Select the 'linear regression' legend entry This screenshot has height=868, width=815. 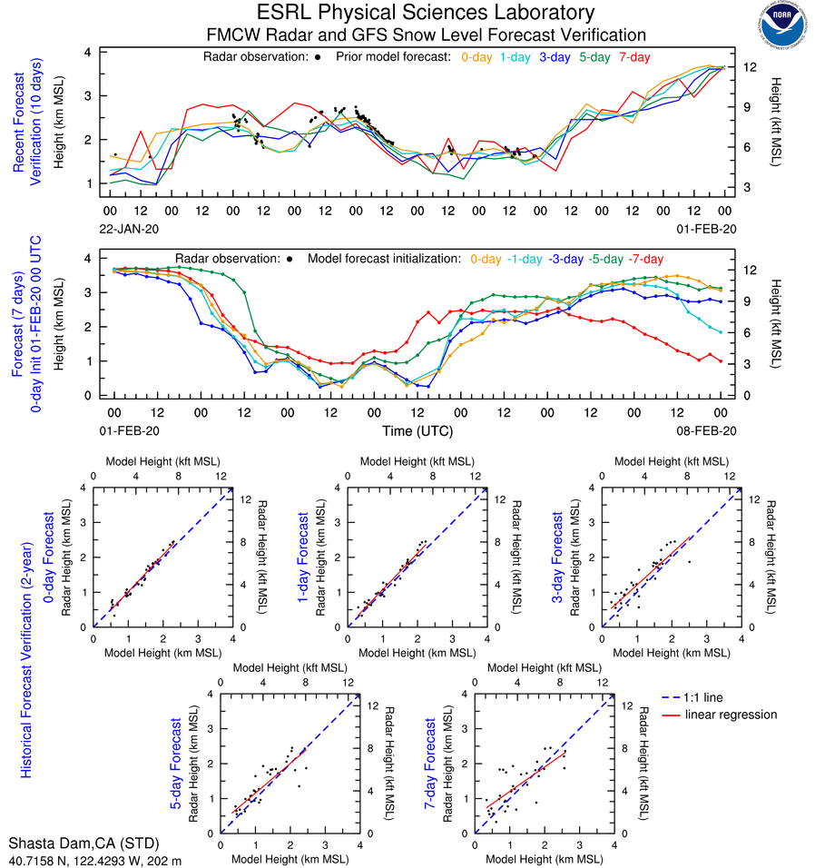click(731, 715)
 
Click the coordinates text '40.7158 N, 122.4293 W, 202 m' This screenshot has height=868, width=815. click(94, 859)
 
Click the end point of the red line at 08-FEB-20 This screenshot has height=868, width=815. click(721, 361)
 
